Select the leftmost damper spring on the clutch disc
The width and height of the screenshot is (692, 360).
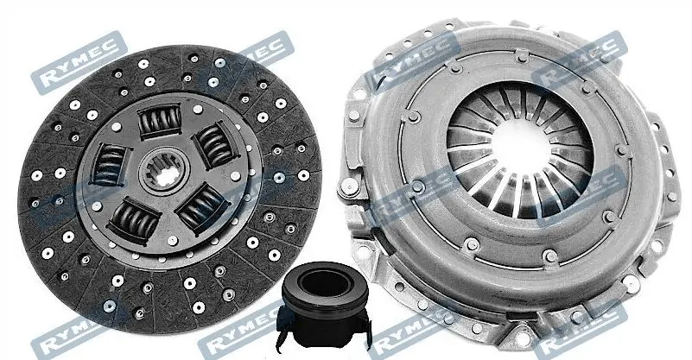tap(109, 164)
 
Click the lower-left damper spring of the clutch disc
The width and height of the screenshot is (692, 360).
tap(134, 220)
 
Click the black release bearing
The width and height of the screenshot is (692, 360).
tap(324, 304)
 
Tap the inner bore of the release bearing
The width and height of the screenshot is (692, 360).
tap(324, 281)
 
